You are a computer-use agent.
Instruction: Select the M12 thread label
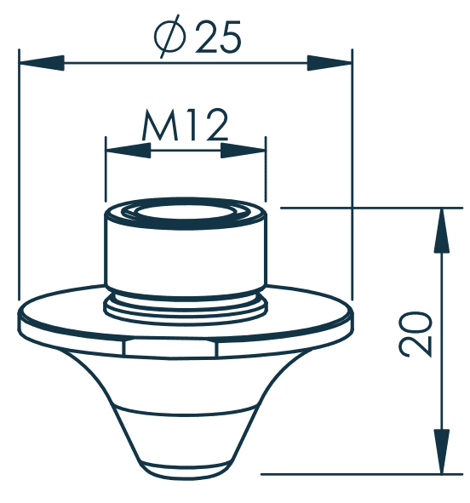point(185,127)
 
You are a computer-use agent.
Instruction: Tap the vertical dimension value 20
point(416,334)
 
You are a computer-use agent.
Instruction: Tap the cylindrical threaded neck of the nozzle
point(185,255)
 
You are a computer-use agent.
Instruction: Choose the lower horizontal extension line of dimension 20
point(358,474)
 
